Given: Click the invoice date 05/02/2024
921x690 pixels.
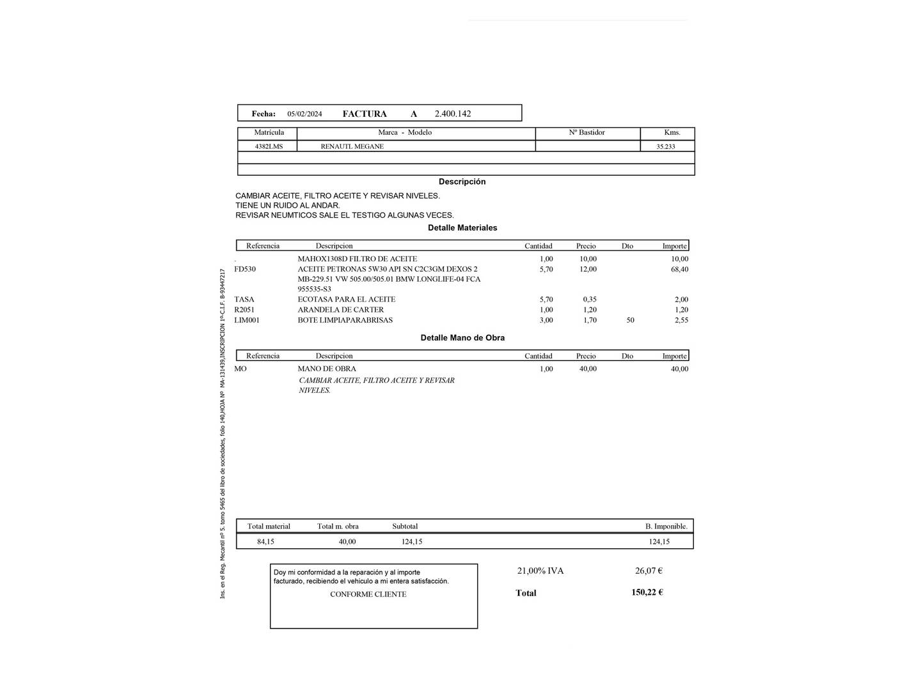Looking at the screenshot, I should pyautogui.click(x=304, y=114).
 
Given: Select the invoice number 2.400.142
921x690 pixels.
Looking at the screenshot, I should pyautogui.click(x=452, y=114).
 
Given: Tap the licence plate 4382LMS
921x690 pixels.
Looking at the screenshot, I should pyautogui.click(x=269, y=146).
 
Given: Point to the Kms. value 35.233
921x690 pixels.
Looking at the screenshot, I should pyautogui.click(x=665, y=147).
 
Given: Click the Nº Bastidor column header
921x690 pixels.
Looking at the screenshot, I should pyautogui.click(x=586, y=133).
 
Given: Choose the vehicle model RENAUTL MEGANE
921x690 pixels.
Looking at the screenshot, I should pyautogui.click(x=352, y=146).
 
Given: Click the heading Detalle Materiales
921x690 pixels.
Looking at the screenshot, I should pyautogui.click(x=462, y=228).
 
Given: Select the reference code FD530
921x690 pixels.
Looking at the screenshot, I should pyautogui.click(x=245, y=270).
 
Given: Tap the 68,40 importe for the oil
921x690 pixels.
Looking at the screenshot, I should pyautogui.click(x=679, y=270).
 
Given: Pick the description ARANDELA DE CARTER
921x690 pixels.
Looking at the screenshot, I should pyautogui.click(x=340, y=310).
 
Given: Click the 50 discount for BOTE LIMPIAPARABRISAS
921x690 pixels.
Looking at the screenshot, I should pyautogui.click(x=630, y=320).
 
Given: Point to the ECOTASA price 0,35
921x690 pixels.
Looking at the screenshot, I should pyautogui.click(x=589, y=300).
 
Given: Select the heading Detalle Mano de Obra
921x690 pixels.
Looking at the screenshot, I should pyautogui.click(x=462, y=338).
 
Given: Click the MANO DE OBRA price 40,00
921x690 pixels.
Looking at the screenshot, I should pyautogui.click(x=588, y=369).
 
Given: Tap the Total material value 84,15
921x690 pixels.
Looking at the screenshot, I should pyautogui.click(x=265, y=542).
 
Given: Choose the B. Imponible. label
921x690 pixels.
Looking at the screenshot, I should pyautogui.click(x=666, y=526).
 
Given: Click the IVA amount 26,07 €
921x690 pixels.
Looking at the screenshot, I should pyautogui.click(x=649, y=571).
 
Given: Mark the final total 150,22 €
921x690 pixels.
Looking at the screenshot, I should pyautogui.click(x=647, y=592).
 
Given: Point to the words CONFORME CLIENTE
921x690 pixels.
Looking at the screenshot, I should pyautogui.click(x=368, y=594).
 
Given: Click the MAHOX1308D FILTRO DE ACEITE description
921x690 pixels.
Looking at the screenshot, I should pyautogui.click(x=357, y=259).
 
